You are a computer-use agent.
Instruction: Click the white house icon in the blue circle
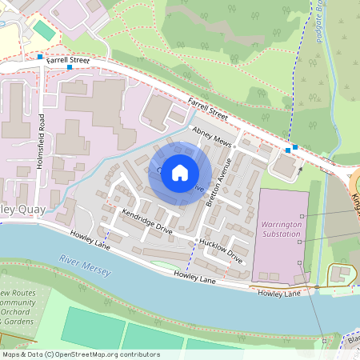point(180,172)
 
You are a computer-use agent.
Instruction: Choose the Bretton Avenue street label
point(218,182)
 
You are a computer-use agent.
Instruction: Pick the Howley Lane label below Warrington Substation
point(278,294)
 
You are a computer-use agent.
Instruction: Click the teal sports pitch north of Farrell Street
point(43,30)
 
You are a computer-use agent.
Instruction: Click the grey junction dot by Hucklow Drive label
point(197,240)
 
